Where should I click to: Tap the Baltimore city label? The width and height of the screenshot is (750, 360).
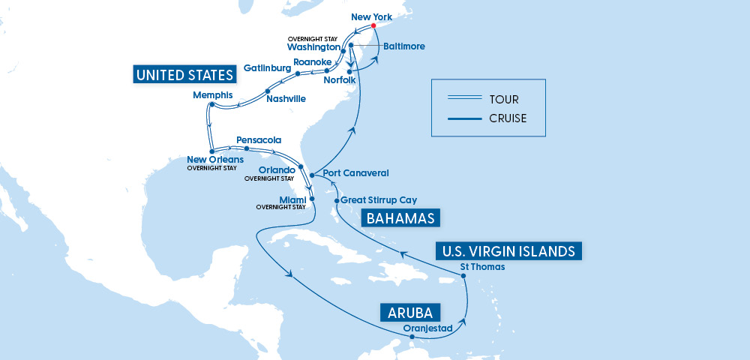click(403, 46)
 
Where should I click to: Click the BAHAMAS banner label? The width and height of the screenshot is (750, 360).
click(400, 218)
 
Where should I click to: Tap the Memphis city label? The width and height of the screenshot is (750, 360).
click(212, 95)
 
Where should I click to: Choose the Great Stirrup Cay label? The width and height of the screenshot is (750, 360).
click(378, 200)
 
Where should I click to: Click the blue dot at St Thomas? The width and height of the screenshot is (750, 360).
click(464, 276)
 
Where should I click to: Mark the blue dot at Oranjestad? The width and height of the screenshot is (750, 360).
click(412, 337)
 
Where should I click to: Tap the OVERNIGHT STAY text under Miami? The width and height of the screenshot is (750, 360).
click(280, 207)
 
